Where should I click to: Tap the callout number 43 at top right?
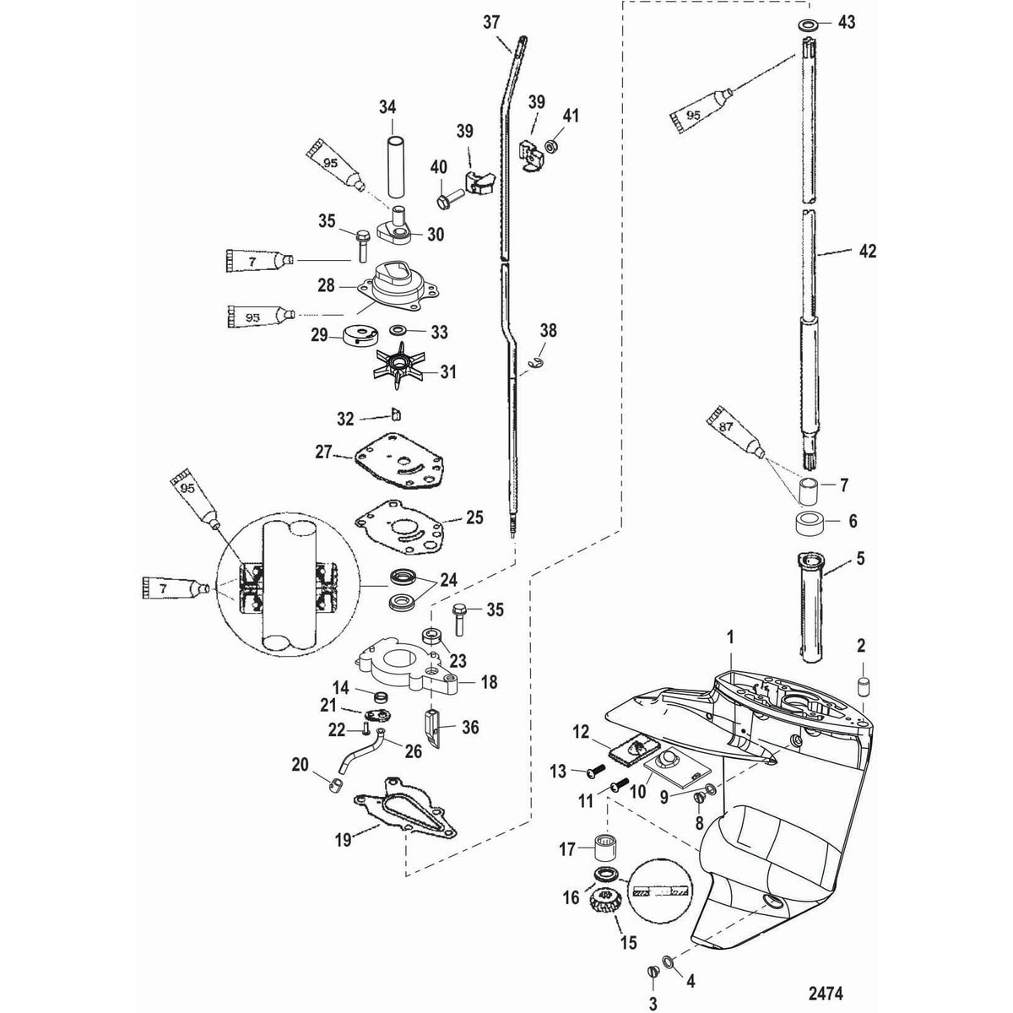coord(847,23)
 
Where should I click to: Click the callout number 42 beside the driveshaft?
coord(867,251)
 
